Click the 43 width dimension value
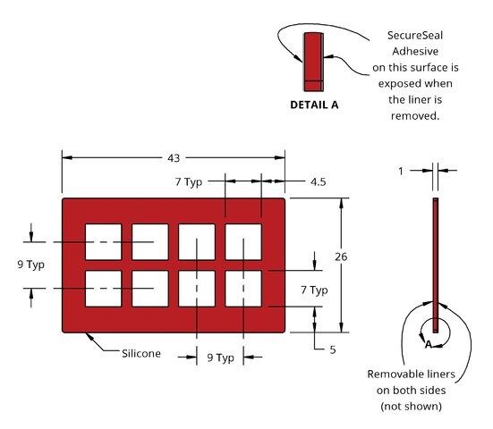tap(174, 158)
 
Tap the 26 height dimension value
tap(341, 257)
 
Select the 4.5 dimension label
tap(319, 181)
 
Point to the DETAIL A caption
tap(314, 105)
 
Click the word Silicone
tap(141, 354)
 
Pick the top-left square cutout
tap(104, 242)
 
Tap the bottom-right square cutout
tap(243, 289)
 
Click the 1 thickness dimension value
tap(401, 172)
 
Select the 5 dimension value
tap(333, 349)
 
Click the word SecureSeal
tap(415, 35)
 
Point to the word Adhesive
tap(415, 51)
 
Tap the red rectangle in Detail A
tap(313, 62)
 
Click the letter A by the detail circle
tap(429, 344)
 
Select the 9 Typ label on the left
tap(30, 265)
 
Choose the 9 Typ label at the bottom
tap(220, 357)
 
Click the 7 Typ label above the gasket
tap(189, 181)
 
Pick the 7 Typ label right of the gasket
tap(314, 290)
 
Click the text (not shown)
tap(412, 407)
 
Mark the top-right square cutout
tap(243, 242)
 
